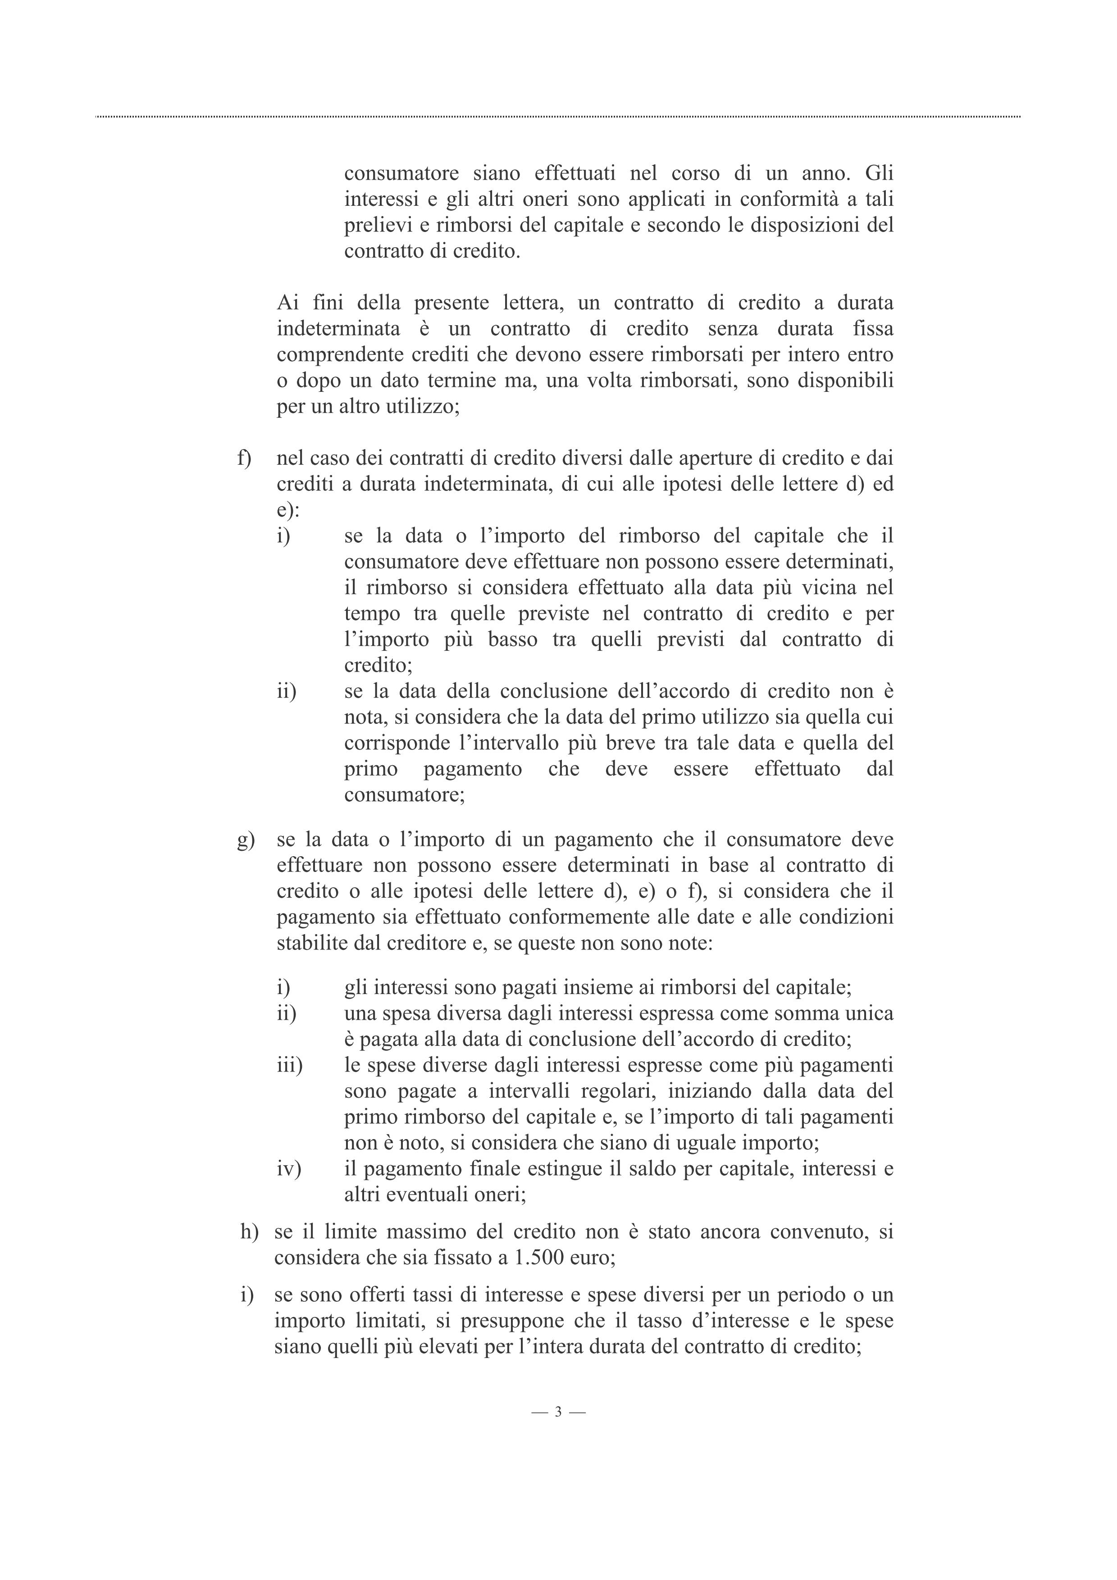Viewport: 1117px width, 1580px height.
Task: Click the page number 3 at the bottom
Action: click(x=558, y=1412)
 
